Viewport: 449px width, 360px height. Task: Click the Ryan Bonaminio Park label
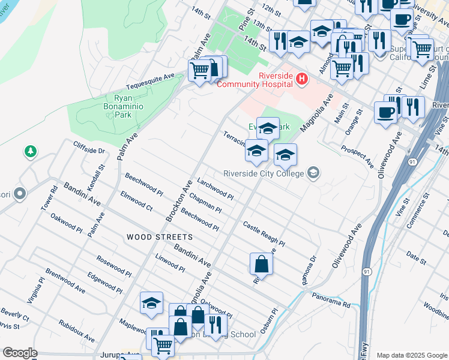pos(97,106)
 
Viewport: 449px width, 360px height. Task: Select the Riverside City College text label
pos(265,174)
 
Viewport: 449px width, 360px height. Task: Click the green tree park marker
pos(30,152)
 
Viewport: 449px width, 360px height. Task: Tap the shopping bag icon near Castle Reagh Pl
pos(262,263)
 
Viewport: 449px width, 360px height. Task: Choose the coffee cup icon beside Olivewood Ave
pos(385,112)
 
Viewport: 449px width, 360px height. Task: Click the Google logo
pos(20,353)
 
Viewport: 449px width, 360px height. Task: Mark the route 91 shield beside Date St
pos(366,272)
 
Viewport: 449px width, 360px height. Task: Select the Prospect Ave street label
pos(357,155)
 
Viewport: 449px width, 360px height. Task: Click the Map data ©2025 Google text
pos(412,355)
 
